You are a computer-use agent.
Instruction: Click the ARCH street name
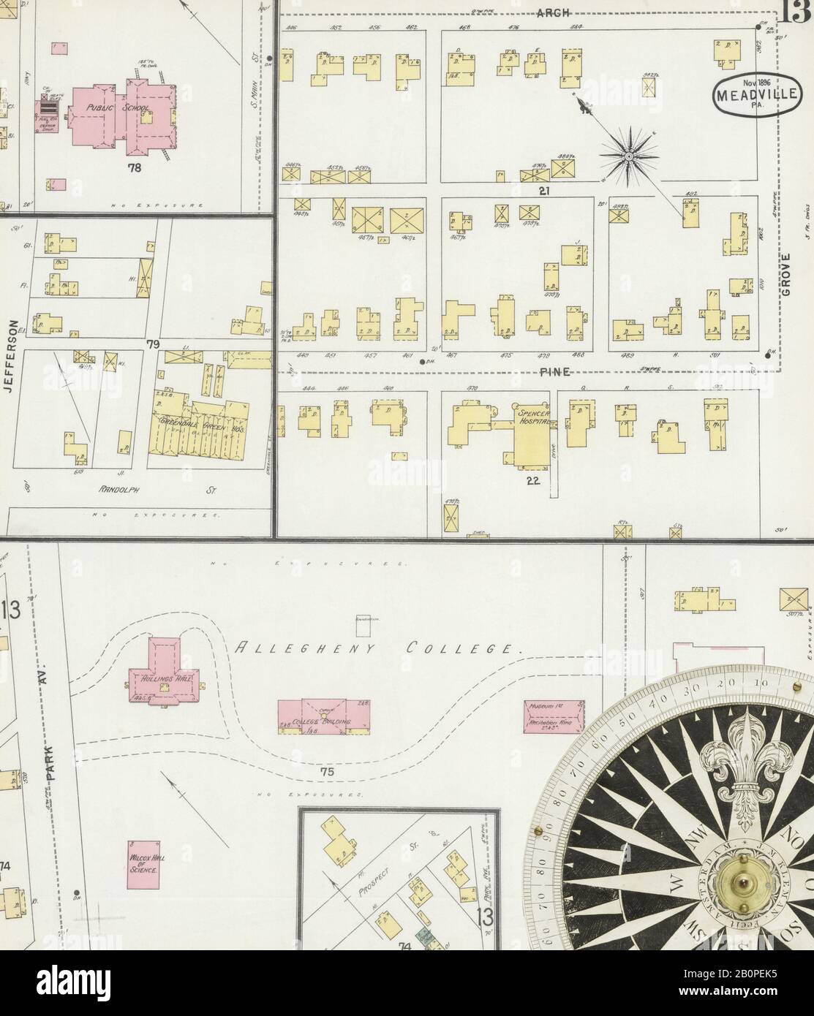[x=547, y=12]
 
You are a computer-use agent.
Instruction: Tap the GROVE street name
[x=786, y=276]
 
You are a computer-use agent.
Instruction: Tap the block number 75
[x=326, y=773]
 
